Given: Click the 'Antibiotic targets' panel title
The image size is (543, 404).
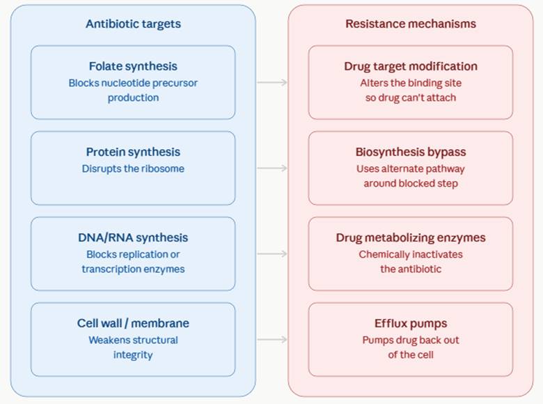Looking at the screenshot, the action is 134,24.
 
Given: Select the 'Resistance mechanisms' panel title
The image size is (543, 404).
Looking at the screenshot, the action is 411,24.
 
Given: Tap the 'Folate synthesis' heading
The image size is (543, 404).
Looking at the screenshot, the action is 133,66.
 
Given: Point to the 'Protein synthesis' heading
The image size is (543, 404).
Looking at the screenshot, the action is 133,152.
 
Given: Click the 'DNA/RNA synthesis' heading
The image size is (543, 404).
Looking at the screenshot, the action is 133,238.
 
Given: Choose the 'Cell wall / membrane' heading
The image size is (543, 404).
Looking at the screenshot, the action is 133,323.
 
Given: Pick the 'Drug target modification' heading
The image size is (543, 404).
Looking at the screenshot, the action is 411,66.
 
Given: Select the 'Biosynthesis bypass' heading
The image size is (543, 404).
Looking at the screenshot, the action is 411,152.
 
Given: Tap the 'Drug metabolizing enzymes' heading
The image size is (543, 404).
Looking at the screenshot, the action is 411,238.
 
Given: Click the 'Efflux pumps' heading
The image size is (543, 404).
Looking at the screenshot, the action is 411,323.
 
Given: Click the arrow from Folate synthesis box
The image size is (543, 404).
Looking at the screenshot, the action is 272,82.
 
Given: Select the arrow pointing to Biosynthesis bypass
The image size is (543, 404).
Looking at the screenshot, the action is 272,169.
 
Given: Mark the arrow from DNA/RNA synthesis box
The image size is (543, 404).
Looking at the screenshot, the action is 272,254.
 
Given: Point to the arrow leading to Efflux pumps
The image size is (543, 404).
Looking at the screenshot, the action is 272,339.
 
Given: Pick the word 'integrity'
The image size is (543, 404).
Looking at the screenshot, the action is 133,355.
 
